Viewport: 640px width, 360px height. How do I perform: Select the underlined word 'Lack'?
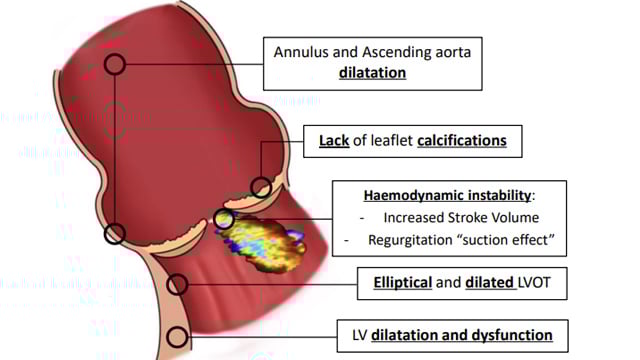coord(334,141)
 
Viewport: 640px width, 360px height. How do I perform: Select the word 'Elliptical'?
coord(397,284)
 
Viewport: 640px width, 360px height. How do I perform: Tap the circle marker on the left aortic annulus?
coord(115,234)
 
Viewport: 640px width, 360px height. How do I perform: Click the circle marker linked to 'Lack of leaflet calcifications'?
coord(261,187)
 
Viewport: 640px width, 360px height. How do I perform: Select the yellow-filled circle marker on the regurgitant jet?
coord(224,218)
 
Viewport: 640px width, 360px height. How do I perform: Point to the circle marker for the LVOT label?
coord(178,284)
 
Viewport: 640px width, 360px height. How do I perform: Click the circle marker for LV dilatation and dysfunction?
coord(177,335)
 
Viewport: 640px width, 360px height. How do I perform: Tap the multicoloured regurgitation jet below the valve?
coord(266,242)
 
